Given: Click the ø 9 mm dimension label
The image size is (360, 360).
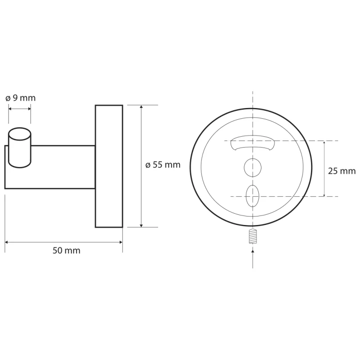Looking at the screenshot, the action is tap(20, 98).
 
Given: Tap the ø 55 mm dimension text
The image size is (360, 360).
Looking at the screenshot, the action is tap(163, 165).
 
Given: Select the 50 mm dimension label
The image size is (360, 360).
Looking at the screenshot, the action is tap(66, 251).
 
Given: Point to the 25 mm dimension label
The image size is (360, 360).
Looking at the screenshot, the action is tap(342, 171).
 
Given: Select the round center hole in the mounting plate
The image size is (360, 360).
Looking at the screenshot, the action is tap(252, 167).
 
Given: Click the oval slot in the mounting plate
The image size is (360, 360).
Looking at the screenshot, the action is tap(252, 196).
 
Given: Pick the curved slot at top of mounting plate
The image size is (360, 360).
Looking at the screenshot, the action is tap(252, 143).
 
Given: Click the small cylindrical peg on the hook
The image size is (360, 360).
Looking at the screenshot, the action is tap(20, 148).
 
